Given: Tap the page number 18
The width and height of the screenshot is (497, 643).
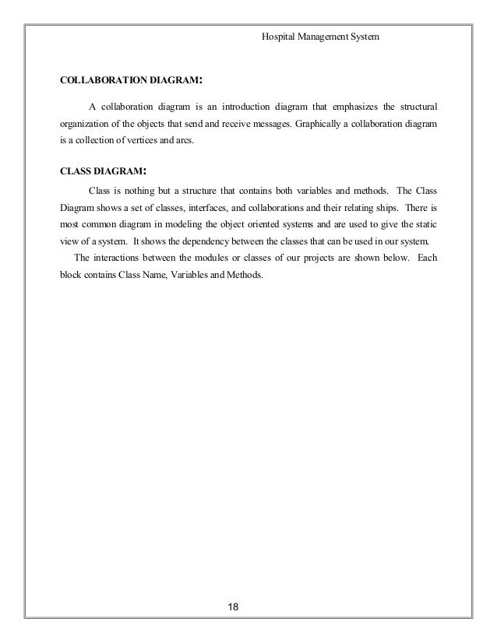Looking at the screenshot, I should tap(229, 606).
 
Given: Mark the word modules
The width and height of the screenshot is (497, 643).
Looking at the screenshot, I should tap(203, 258).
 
